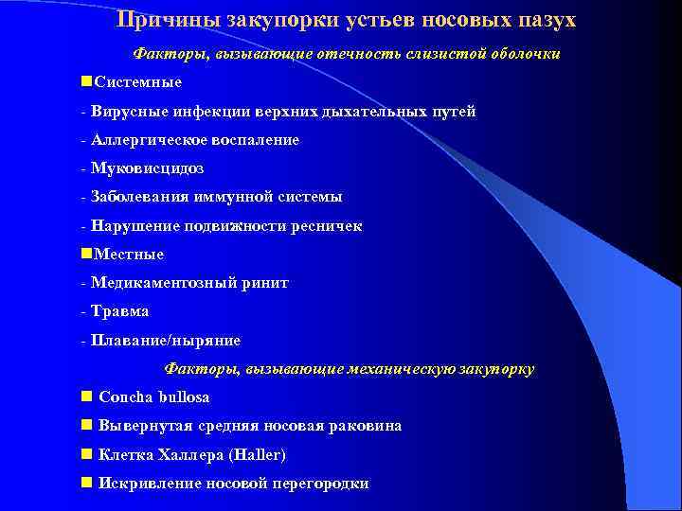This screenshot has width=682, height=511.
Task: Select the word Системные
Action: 138,82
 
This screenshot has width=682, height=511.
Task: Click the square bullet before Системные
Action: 87,81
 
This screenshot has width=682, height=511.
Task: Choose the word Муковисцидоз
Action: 147,168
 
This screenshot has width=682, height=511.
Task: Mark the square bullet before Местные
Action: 87,253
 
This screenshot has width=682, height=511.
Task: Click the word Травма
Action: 120,310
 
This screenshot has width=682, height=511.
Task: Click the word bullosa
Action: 184,397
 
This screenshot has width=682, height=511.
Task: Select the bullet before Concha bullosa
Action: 87,396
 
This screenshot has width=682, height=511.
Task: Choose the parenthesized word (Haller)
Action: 256,455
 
